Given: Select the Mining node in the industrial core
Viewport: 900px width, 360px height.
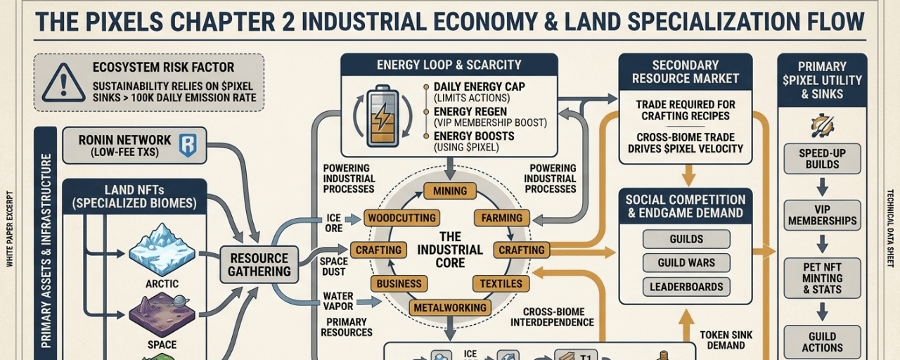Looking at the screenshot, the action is (x=450, y=191).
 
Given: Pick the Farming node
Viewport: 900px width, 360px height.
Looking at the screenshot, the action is (x=502, y=217).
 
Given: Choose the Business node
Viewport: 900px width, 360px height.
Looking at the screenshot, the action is (x=399, y=283).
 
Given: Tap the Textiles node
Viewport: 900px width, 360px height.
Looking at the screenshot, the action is (x=501, y=283).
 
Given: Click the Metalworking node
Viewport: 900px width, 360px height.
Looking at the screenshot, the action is (x=450, y=307).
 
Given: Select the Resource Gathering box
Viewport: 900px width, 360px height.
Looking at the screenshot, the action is (x=259, y=264).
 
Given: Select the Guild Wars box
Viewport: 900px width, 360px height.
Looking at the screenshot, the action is (x=686, y=263).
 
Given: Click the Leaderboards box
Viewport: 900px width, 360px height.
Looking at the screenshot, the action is (x=686, y=287).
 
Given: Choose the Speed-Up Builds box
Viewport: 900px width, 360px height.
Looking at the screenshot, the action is (x=822, y=159).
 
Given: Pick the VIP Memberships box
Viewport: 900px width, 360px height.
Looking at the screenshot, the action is (x=822, y=215).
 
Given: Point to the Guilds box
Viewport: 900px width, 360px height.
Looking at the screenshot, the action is (x=686, y=239).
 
